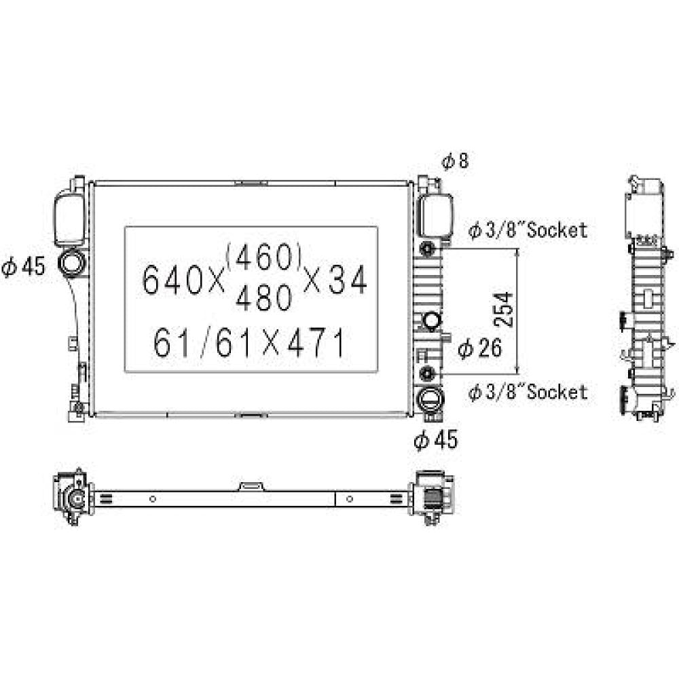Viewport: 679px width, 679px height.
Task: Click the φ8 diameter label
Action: [455, 161]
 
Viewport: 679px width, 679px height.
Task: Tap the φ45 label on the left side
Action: [23, 266]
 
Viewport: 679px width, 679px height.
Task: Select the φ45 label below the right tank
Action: [436, 439]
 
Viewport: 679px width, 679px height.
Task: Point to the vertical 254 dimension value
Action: [504, 310]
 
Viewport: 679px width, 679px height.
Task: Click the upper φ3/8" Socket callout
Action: [528, 230]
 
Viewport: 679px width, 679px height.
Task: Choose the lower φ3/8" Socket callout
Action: [528, 392]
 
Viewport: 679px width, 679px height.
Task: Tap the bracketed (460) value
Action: [263, 257]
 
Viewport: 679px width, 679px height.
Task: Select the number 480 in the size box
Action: [263, 297]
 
